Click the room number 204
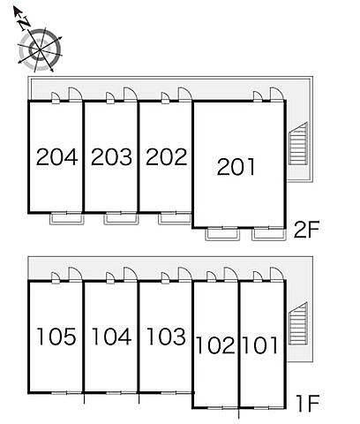56,157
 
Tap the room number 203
111,157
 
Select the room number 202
167,156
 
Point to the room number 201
236,167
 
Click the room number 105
56,337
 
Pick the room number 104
111,337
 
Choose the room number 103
166,337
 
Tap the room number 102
215,345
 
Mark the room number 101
260,345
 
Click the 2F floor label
306,230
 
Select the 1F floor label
308,404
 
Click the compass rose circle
41,49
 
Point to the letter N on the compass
25,24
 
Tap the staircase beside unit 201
298,143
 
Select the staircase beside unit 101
298,323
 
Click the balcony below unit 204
67,219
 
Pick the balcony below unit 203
121,219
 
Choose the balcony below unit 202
176,219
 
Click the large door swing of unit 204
75,95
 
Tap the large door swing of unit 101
277,275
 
